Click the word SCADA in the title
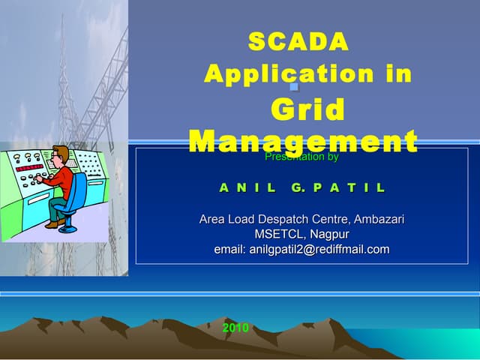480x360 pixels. click(298, 42)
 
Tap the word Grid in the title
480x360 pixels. click(307, 110)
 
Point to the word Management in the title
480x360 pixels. click(303, 140)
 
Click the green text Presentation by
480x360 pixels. click(301, 157)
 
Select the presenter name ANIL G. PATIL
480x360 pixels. click(301, 187)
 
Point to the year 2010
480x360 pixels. click(235, 328)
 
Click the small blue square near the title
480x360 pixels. click(295, 87)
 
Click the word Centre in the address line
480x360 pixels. click(328, 220)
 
